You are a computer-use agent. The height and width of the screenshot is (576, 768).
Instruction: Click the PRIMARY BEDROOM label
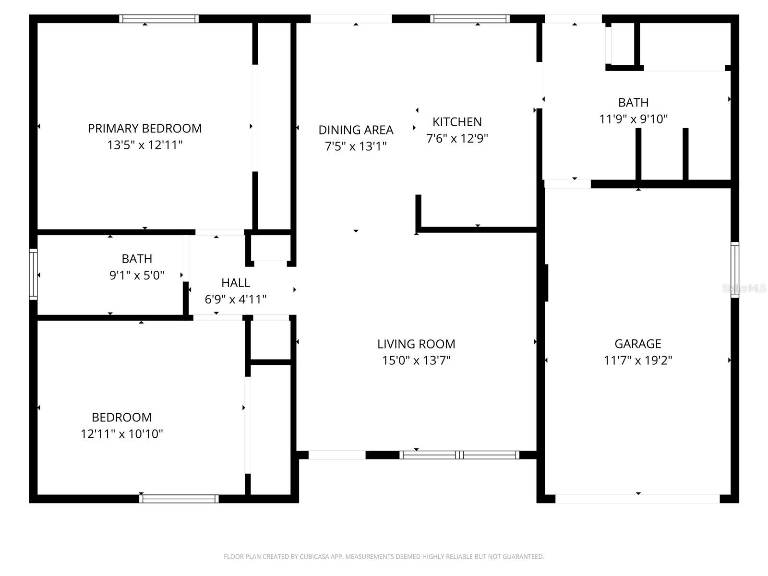144,129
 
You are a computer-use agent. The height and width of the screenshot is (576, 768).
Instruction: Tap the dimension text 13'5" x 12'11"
144,145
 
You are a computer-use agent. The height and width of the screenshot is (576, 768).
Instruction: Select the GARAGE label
638,344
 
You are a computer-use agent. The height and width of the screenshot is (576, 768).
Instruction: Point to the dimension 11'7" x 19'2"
638,360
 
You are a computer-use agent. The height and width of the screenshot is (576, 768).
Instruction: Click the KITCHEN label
457,122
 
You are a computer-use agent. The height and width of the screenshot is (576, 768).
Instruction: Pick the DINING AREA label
356,130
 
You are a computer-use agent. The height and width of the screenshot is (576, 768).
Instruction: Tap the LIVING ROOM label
416,344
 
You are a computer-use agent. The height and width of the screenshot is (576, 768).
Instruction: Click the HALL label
236,283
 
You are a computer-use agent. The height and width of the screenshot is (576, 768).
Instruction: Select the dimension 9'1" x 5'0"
137,276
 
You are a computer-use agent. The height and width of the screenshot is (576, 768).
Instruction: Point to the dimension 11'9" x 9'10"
634,119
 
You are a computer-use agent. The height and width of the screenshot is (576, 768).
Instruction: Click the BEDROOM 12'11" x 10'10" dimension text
122,434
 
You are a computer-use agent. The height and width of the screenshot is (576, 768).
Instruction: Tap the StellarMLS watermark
744,288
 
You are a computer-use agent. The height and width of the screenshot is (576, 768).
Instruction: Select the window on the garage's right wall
735,270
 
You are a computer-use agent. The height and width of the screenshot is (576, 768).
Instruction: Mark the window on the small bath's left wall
33,274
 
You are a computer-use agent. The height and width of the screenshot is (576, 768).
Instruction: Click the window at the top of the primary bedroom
159,19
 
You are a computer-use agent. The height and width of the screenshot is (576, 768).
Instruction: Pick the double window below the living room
459,455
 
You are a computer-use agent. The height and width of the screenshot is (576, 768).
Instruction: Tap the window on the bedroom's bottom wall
179,499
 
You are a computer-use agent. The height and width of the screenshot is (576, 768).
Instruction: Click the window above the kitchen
470,19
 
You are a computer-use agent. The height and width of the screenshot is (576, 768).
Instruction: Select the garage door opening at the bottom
637,499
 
